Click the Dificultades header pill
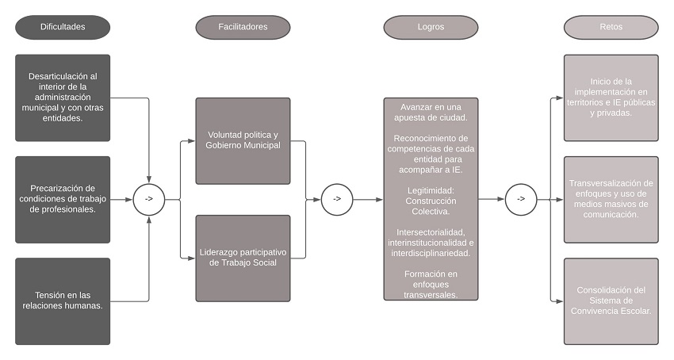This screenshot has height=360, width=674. point(63,27)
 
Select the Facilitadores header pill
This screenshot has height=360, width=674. point(243,27)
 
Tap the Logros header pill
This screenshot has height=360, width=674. point(431,27)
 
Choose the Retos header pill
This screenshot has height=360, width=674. point(611,27)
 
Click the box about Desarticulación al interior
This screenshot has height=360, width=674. point(63,98)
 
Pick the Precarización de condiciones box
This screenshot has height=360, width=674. point(63,199)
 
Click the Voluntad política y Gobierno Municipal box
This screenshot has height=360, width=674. point(243,141)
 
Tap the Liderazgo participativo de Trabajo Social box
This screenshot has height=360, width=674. point(243,259)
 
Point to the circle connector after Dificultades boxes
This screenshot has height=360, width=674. point(148,200)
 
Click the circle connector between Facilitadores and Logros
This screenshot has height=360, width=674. point(336,199)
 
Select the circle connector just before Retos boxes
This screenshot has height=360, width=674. point(521,199)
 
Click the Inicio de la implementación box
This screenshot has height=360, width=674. point(611,98)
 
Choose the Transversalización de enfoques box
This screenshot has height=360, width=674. point(611,199)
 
